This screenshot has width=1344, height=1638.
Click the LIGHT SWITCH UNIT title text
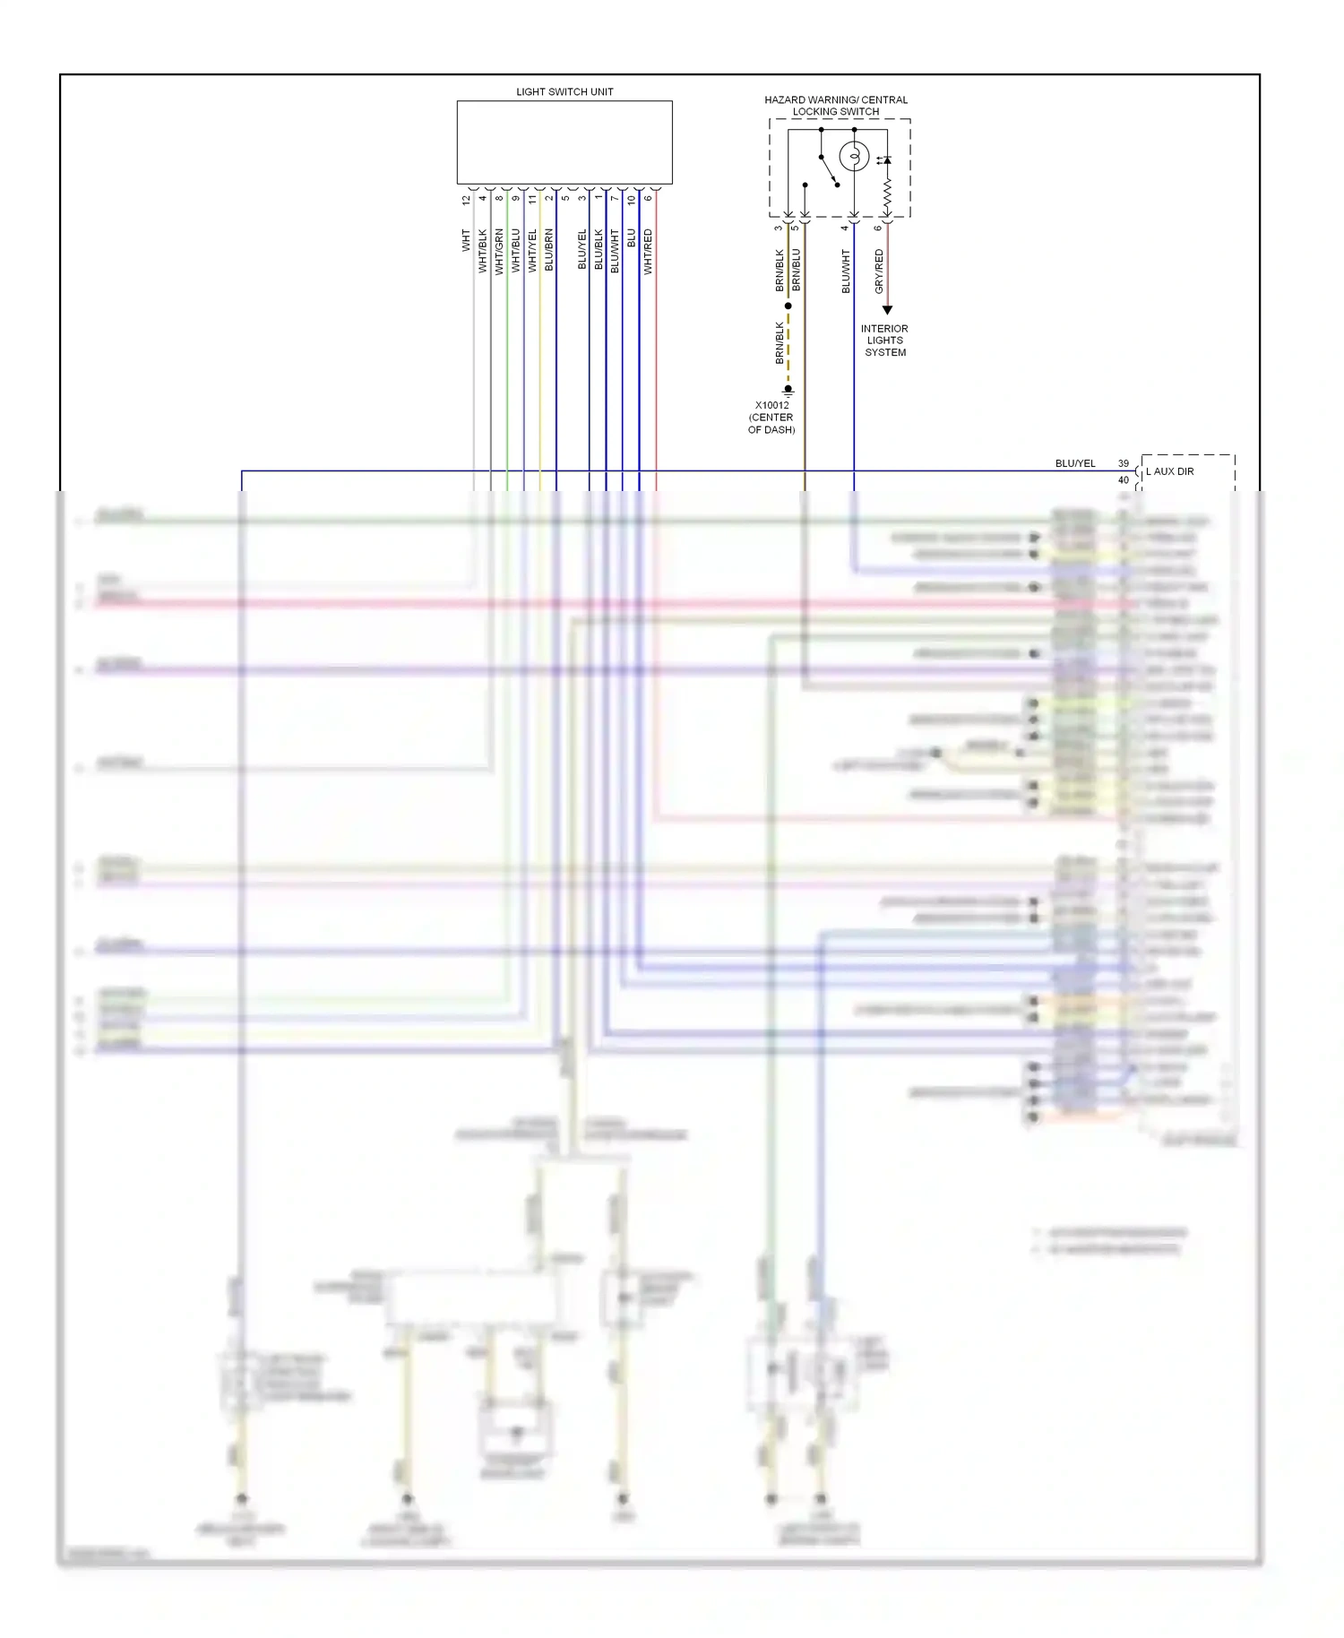click(564, 91)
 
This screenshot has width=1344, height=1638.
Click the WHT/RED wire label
click(648, 252)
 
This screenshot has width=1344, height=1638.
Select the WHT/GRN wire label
click(499, 252)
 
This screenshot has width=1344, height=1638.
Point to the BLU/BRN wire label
click(549, 251)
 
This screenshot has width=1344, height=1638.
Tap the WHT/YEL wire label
click(532, 251)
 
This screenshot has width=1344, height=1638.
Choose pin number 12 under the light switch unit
click(466, 200)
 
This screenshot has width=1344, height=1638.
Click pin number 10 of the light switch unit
click(632, 200)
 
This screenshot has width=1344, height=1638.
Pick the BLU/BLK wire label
click(599, 251)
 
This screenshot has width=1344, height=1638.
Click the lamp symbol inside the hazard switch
click(854, 157)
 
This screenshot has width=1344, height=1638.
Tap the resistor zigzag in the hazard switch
click(887, 192)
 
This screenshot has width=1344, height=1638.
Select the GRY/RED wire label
click(879, 272)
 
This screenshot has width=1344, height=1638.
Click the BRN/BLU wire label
click(797, 270)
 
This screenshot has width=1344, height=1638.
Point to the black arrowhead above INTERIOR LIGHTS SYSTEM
click(887, 310)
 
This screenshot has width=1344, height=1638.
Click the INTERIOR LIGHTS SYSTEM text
click(884, 341)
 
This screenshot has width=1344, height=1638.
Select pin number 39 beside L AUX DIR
click(1124, 463)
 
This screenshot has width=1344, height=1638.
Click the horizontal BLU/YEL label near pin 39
click(1075, 463)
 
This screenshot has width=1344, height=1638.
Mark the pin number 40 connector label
click(1124, 480)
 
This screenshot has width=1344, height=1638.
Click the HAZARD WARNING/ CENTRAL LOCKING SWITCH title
click(836, 106)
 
